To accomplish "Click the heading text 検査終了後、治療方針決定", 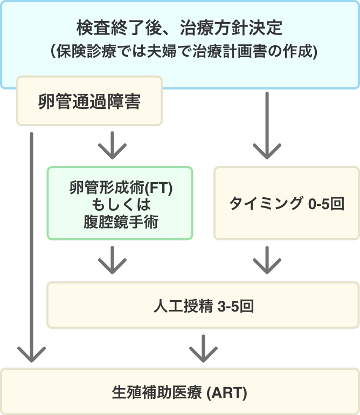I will [180, 26].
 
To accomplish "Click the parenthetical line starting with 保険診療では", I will [180, 52].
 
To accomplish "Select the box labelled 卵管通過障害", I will [89, 101].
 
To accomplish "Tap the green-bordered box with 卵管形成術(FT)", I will [120, 203].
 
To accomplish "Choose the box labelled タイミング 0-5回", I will [287, 203].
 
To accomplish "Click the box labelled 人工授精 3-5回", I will [203, 307].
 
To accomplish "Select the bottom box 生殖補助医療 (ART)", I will [180, 392].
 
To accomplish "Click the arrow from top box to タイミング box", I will [267, 127].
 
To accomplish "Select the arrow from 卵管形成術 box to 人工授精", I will [112, 261].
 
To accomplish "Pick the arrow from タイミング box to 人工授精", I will [267, 261].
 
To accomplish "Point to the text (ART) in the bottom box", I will [227, 393].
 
